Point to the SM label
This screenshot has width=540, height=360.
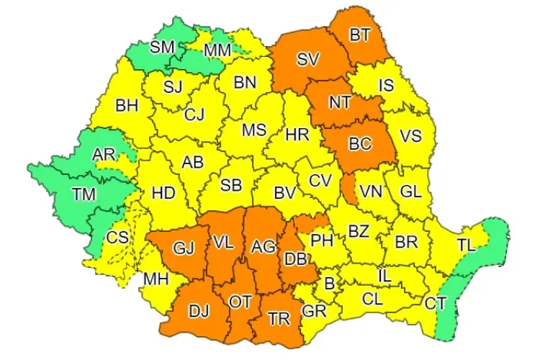coord(162,48)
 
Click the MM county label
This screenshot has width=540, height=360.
coord(217,50)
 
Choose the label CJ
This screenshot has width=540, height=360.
coord(194,114)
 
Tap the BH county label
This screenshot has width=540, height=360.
coord(127,105)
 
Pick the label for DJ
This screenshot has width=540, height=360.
coord(199,311)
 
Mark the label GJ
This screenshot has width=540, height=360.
coord(184,249)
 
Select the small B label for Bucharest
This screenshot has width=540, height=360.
coord(330,284)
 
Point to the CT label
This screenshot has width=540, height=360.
coord(434,303)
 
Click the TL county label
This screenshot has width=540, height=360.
coord(466,245)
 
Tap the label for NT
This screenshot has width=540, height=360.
coord(340,102)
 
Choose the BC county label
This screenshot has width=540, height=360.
coord(359,144)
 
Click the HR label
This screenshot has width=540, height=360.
coord(297,134)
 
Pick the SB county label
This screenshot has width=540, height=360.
coord(230,184)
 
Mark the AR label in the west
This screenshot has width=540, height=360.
coord(104,154)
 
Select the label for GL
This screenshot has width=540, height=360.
coord(410,192)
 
